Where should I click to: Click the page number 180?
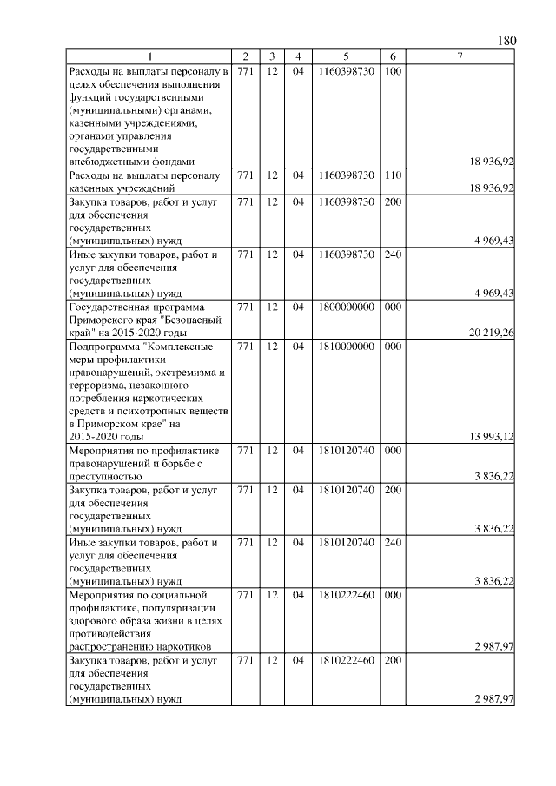click(507, 41)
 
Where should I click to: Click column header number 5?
click(346, 56)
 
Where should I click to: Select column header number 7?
click(460, 56)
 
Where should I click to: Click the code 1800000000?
click(346, 307)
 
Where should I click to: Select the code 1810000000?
click(346, 346)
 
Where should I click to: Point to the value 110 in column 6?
click(392, 175)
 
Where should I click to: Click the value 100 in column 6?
click(392, 70)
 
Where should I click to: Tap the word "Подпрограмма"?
click(103, 346)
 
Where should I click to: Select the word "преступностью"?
click(104, 476)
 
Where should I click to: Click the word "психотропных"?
click(142, 411)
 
